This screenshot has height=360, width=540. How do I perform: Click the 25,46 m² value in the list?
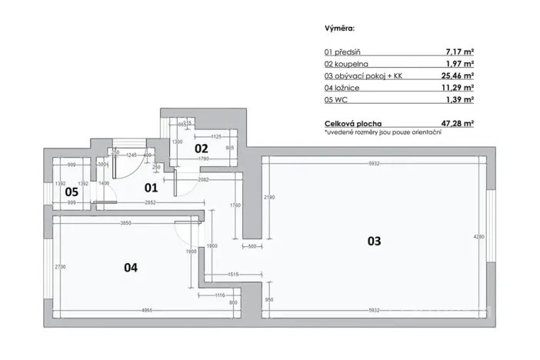click(455, 76)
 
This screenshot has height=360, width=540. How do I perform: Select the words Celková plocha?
click(353, 122)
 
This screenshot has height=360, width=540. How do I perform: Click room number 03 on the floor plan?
click(373, 241)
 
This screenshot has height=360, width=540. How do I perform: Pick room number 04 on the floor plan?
click(131, 268)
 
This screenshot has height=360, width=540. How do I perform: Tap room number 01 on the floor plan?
click(151, 187)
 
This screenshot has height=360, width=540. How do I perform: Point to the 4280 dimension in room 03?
click(478, 237)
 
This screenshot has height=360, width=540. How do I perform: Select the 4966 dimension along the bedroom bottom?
click(123, 310)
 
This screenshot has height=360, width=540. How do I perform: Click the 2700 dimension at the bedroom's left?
click(59, 266)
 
